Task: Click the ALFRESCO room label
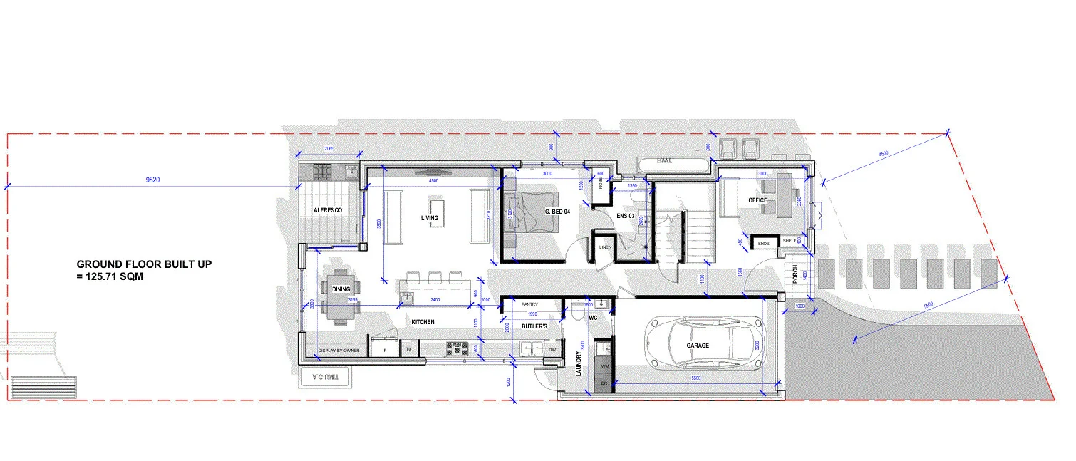(329, 211)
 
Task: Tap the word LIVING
(430, 218)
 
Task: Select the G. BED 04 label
(557, 212)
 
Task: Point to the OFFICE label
(757, 200)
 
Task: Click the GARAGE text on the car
(698, 346)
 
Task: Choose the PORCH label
(795, 274)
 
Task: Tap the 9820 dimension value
(152, 181)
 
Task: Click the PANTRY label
(529, 304)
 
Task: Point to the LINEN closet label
(605, 247)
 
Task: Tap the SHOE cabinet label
(764, 242)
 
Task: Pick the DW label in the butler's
(552, 350)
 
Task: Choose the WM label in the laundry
(604, 366)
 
